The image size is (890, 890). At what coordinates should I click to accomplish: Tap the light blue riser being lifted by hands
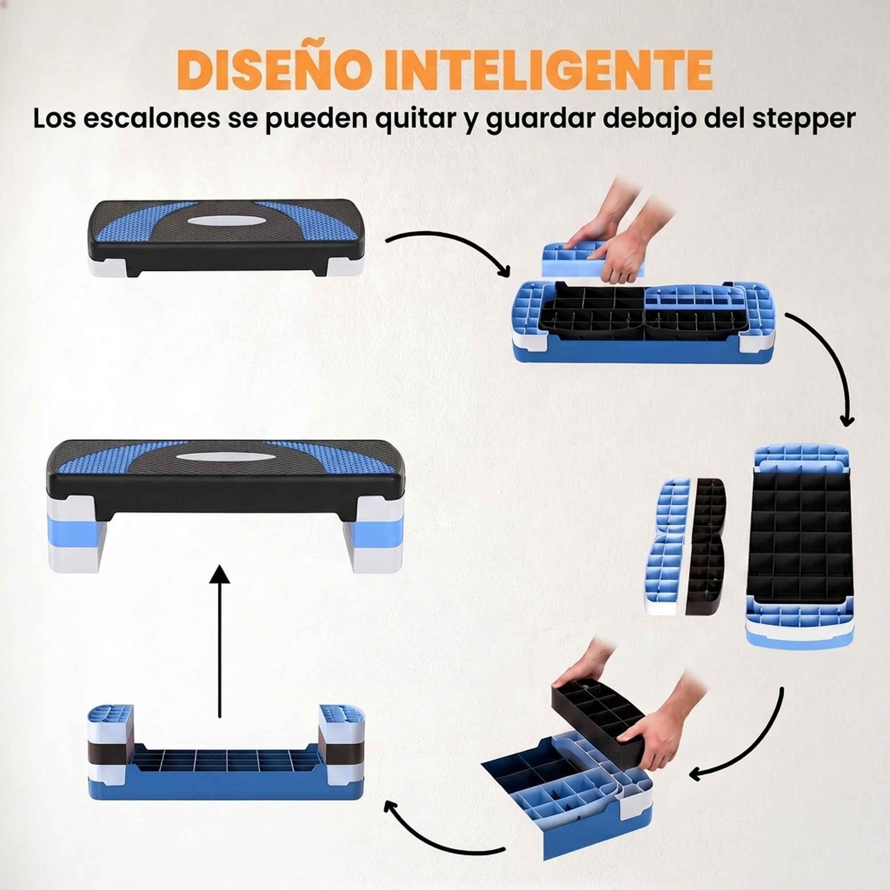click(594, 258)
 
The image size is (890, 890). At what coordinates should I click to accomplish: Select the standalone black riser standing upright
click(705, 546)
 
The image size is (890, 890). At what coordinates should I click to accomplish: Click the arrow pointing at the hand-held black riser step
click(748, 746)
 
